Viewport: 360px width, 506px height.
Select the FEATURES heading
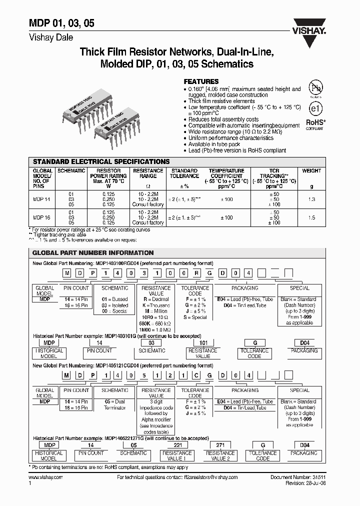point(201,81)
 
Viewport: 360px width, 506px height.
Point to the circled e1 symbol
point(314,108)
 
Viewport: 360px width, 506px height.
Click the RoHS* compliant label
point(315,123)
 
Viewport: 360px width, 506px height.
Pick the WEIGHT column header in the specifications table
point(311,171)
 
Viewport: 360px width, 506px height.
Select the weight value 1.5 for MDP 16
point(311,218)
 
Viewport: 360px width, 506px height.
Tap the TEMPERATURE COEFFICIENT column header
point(226,176)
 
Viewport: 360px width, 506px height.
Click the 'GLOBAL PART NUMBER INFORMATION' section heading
point(93,253)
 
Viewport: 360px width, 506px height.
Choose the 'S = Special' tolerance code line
point(195,317)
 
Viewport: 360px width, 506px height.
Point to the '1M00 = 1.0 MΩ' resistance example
point(155,330)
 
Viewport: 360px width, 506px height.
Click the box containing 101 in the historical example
point(195,343)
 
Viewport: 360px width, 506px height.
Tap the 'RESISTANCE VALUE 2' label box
point(219,455)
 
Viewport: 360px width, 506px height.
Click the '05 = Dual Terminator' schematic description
point(115,404)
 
